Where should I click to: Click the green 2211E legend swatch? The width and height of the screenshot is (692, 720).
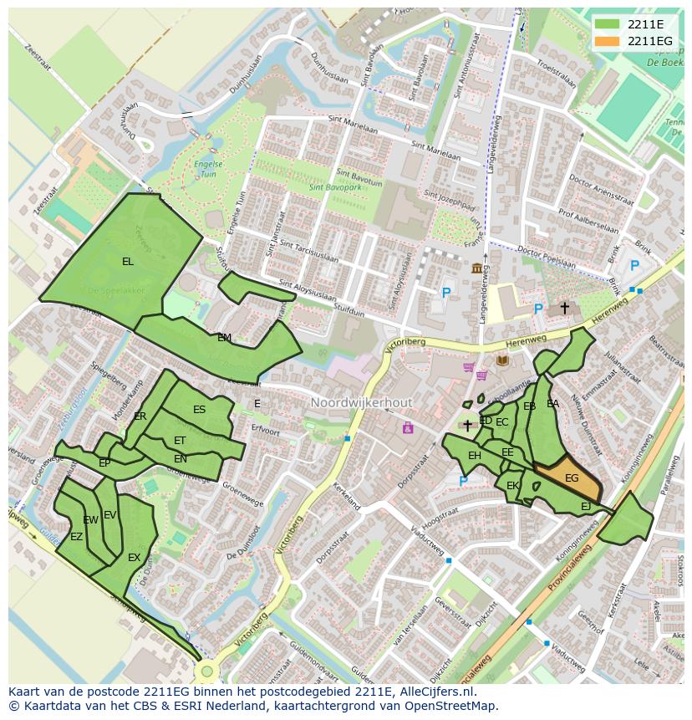pos(607,23)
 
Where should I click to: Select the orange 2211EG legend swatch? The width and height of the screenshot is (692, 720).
pos(607,41)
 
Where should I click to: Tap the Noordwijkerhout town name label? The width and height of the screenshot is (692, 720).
pos(361,403)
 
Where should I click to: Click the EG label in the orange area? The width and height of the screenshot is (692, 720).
pos(572,478)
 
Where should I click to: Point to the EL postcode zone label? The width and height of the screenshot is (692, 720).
pos(127,262)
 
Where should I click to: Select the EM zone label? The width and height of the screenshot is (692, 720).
pos(224,338)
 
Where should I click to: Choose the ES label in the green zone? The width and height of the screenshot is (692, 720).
pos(199,410)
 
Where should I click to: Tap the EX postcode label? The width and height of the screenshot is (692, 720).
pos(134,558)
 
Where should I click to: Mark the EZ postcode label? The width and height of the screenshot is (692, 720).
pos(76,537)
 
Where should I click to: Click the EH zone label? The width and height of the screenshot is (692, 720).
pos(474,456)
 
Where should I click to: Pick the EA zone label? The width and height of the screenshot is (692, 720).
pos(552,404)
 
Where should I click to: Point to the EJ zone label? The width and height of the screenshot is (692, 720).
pos(585,507)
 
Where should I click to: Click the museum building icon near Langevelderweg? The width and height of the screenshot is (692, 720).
pos(476,268)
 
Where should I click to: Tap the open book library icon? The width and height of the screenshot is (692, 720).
pos(501,360)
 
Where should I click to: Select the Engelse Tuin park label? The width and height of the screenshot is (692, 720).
pos(206,170)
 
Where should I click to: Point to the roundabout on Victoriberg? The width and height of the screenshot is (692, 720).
pos(206,671)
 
